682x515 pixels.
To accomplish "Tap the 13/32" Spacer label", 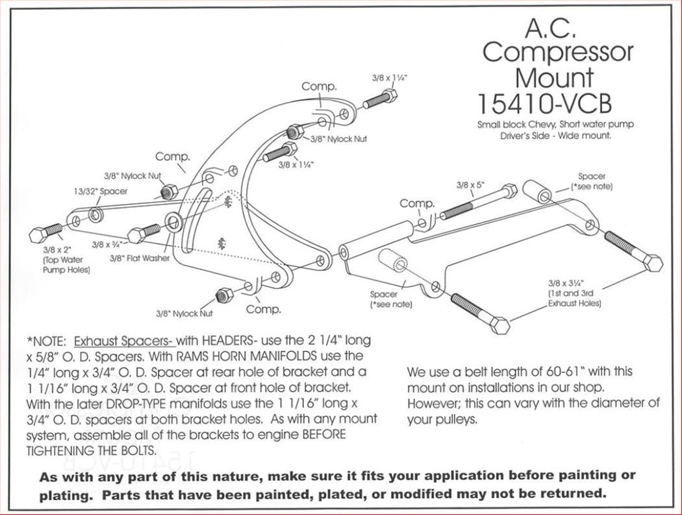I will tap(100, 192).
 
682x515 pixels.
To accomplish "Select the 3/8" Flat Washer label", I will tap(139, 258).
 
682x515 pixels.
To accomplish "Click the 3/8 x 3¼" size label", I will tap(566, 283).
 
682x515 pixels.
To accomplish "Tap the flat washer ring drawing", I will tap(174, 223).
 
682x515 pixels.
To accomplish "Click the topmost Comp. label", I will tap(319, 86).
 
